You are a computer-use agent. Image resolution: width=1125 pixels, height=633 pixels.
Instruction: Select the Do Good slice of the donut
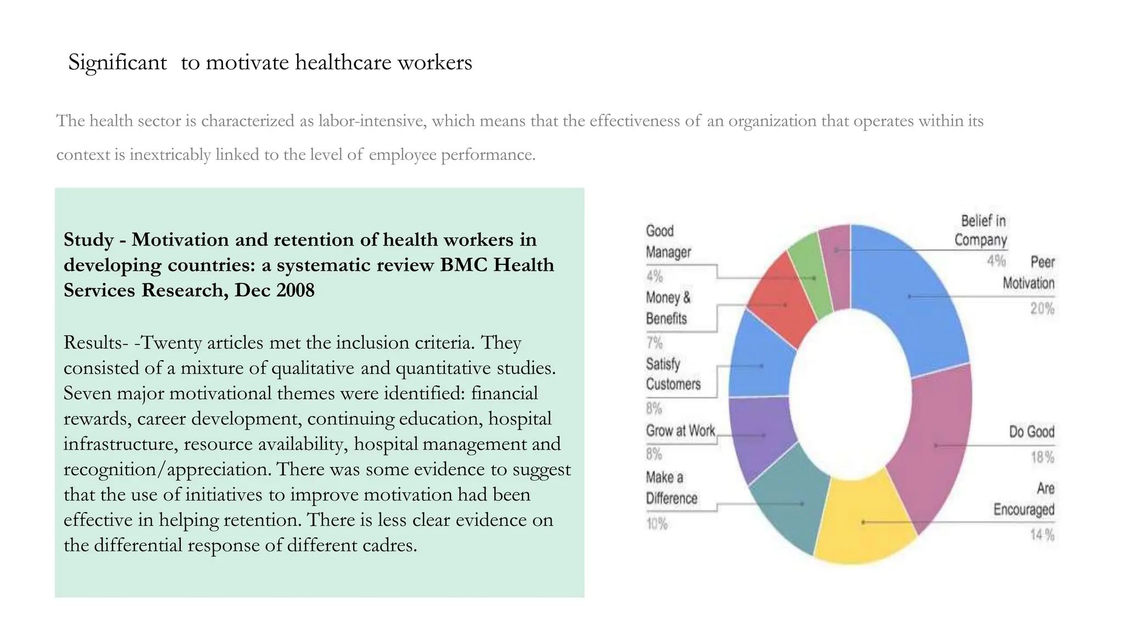(x=934, y=445)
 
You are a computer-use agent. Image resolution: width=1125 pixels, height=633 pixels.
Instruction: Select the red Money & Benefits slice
(x=783, y=305)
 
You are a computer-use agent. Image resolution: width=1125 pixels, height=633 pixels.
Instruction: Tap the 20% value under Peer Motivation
(x=1042, y=309)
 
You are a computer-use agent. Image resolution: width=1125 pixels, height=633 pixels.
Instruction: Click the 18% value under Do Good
(x=1042, y=457)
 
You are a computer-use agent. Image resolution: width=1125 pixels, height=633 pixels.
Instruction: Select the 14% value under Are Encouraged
(x=1042, y=535)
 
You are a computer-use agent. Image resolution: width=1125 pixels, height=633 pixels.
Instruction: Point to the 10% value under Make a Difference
(x=656, y=524)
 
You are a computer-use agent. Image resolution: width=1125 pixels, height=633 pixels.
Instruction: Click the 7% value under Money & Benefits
(x=654, y=343)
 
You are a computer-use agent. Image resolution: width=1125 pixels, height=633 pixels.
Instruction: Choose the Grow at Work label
(x=680, y=431)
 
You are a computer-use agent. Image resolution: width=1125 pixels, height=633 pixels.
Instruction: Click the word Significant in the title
(x=117, y=63)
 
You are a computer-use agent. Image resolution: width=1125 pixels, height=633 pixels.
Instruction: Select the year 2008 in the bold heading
(x=296, y=290)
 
